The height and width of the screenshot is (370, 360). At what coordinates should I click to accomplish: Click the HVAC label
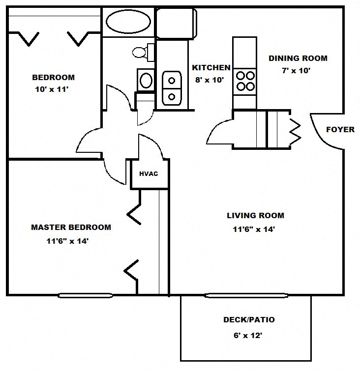(148, 173)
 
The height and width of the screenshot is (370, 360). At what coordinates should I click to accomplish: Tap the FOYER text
(340, 130)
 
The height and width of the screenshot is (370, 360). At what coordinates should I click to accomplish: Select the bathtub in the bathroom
(128, 22)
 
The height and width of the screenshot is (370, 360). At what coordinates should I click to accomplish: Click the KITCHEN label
(210, 68)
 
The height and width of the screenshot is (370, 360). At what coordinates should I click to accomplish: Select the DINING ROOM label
(298, 58)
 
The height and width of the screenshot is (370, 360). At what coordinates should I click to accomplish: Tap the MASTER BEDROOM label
(71, 228)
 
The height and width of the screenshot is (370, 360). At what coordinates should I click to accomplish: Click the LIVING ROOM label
(255, 215)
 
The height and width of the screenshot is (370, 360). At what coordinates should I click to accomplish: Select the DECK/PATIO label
(249, 320)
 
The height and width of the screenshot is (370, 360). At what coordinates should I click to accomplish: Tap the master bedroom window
(85, 295)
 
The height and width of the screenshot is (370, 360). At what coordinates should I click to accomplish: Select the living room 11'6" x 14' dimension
(254, 229)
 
